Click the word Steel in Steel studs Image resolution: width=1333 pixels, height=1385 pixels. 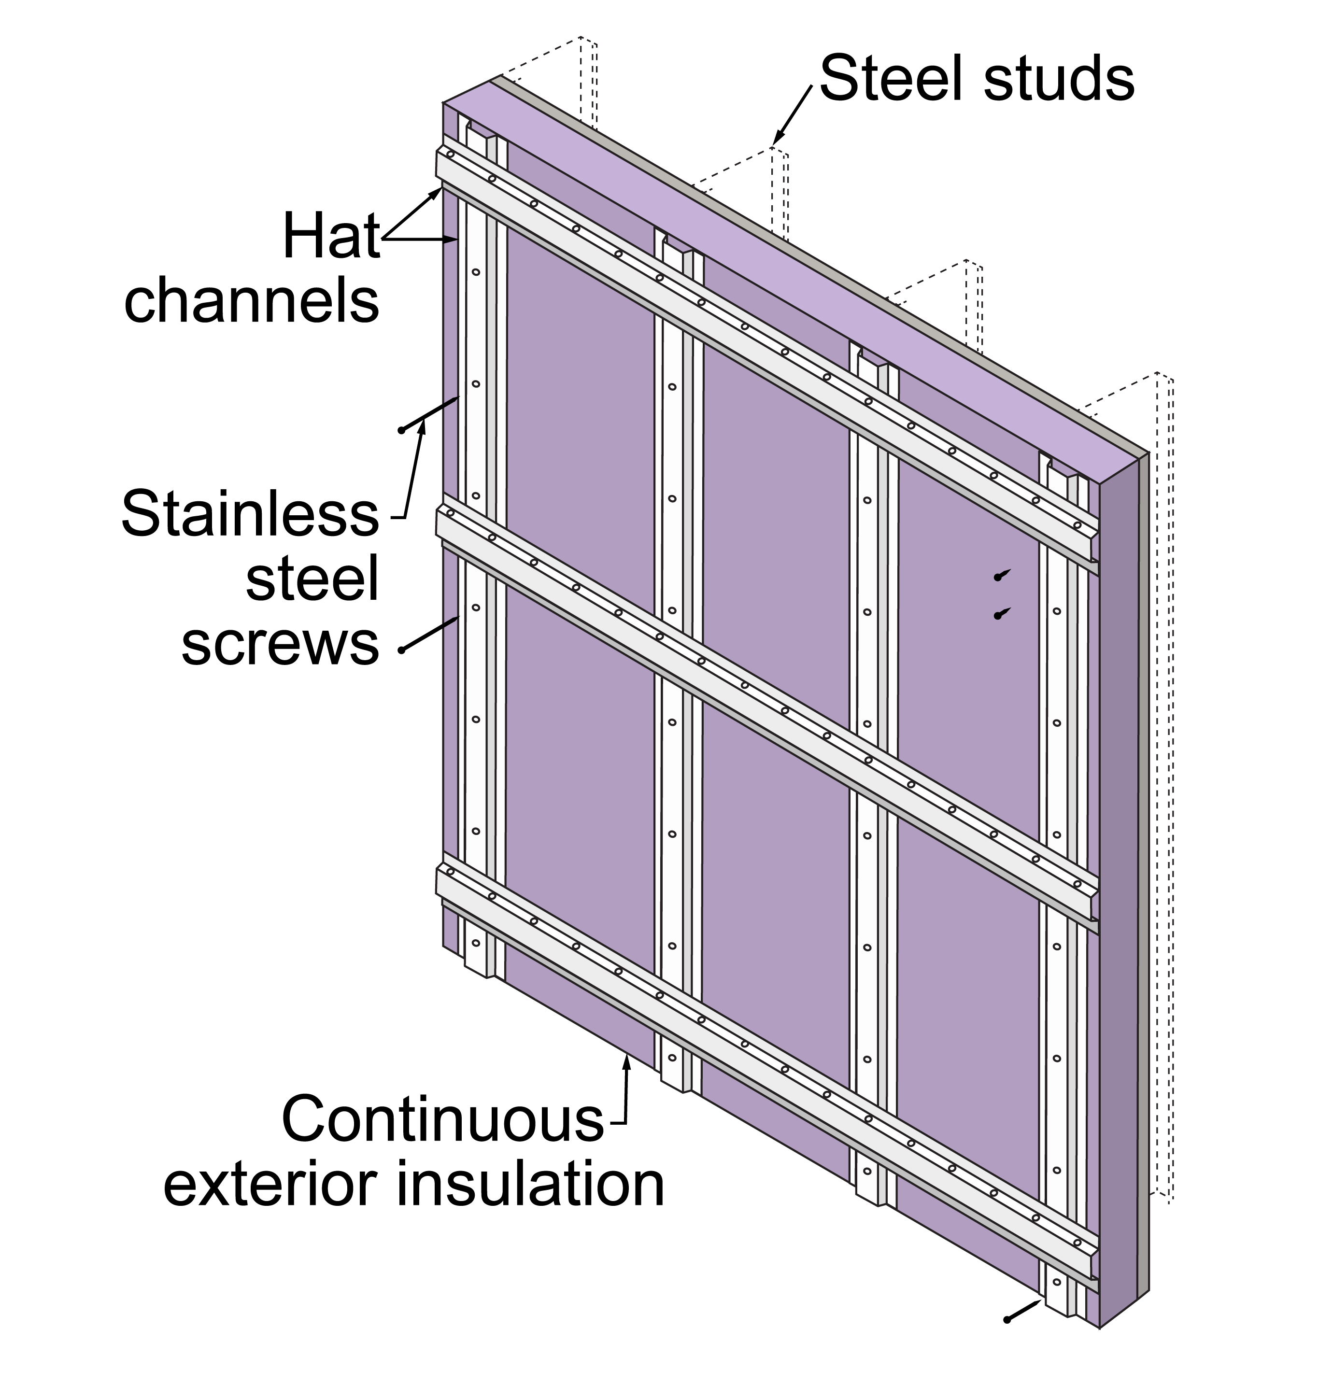tap(892, 79)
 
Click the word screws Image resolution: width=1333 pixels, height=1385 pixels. tap(281, 643)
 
